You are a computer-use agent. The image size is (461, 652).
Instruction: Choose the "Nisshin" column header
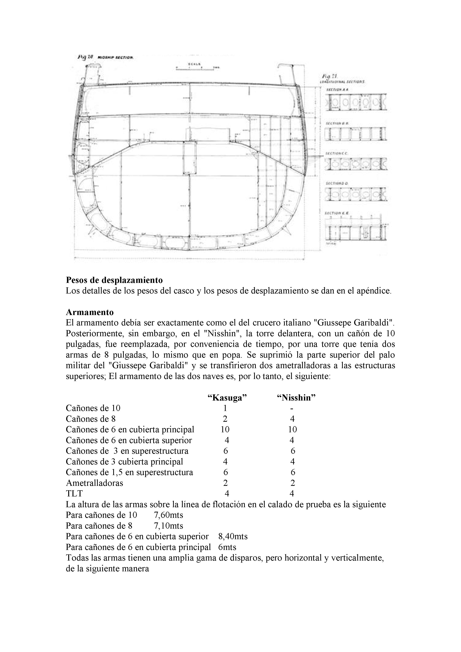click(x=296, y=398)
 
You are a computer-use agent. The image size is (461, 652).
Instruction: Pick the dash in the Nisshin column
click(x=292, y=408)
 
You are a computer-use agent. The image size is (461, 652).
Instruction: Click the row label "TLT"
click(x=74, y=493)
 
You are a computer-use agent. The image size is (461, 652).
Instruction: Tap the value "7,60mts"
click(x=168, y=515)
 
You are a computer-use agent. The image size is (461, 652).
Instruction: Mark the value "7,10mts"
click(x=168, y=526)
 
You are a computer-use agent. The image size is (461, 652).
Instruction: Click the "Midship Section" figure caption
click(x=115, y=57)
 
